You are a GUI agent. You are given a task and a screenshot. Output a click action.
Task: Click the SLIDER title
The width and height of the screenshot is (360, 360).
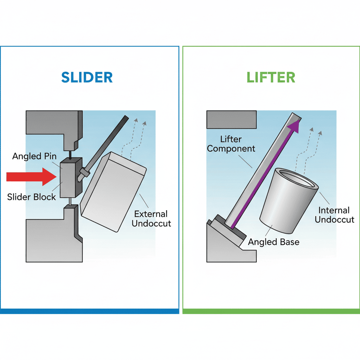87,77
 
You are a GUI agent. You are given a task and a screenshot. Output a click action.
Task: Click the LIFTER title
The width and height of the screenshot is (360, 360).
271,77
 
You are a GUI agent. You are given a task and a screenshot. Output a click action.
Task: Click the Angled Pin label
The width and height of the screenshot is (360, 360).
34,156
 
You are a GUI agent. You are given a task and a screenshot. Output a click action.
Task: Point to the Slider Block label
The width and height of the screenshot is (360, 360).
32,197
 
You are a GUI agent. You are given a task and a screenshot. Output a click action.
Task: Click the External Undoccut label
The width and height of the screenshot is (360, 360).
151,218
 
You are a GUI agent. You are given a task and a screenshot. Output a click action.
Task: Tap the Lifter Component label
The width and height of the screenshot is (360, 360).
231,144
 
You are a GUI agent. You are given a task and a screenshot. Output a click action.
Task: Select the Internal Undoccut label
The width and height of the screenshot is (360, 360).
334,215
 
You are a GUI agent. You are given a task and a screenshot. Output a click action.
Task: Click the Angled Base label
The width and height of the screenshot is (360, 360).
274,242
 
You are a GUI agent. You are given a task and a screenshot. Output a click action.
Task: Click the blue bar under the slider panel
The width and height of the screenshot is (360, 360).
90,311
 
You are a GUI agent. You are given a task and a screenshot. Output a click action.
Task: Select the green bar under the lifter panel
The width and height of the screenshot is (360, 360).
271,311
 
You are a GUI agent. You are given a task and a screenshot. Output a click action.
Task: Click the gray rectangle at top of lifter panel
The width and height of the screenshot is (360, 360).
231,120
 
